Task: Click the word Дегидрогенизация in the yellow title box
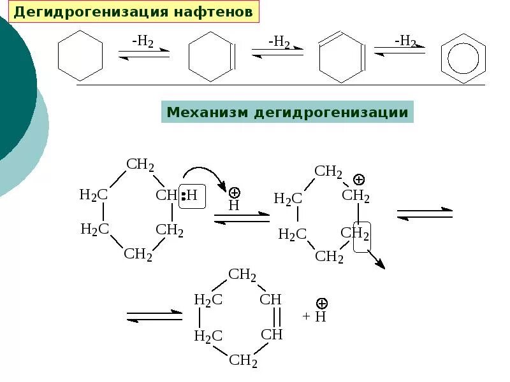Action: point(81,12)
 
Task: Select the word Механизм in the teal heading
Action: point(208,113)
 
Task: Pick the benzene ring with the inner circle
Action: point(463,59)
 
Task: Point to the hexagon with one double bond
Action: point(212,58)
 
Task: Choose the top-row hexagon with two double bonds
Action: point(341,58)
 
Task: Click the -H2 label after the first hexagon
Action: point(143,42)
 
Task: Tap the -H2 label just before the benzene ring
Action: point(405,42)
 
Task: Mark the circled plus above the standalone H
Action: point(234,192)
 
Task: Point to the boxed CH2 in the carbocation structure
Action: point(361,236)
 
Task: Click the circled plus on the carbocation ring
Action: point(359,180)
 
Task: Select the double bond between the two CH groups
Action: point(275,316)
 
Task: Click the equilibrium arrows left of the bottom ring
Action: point(154,315)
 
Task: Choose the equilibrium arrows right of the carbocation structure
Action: point(424,213)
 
